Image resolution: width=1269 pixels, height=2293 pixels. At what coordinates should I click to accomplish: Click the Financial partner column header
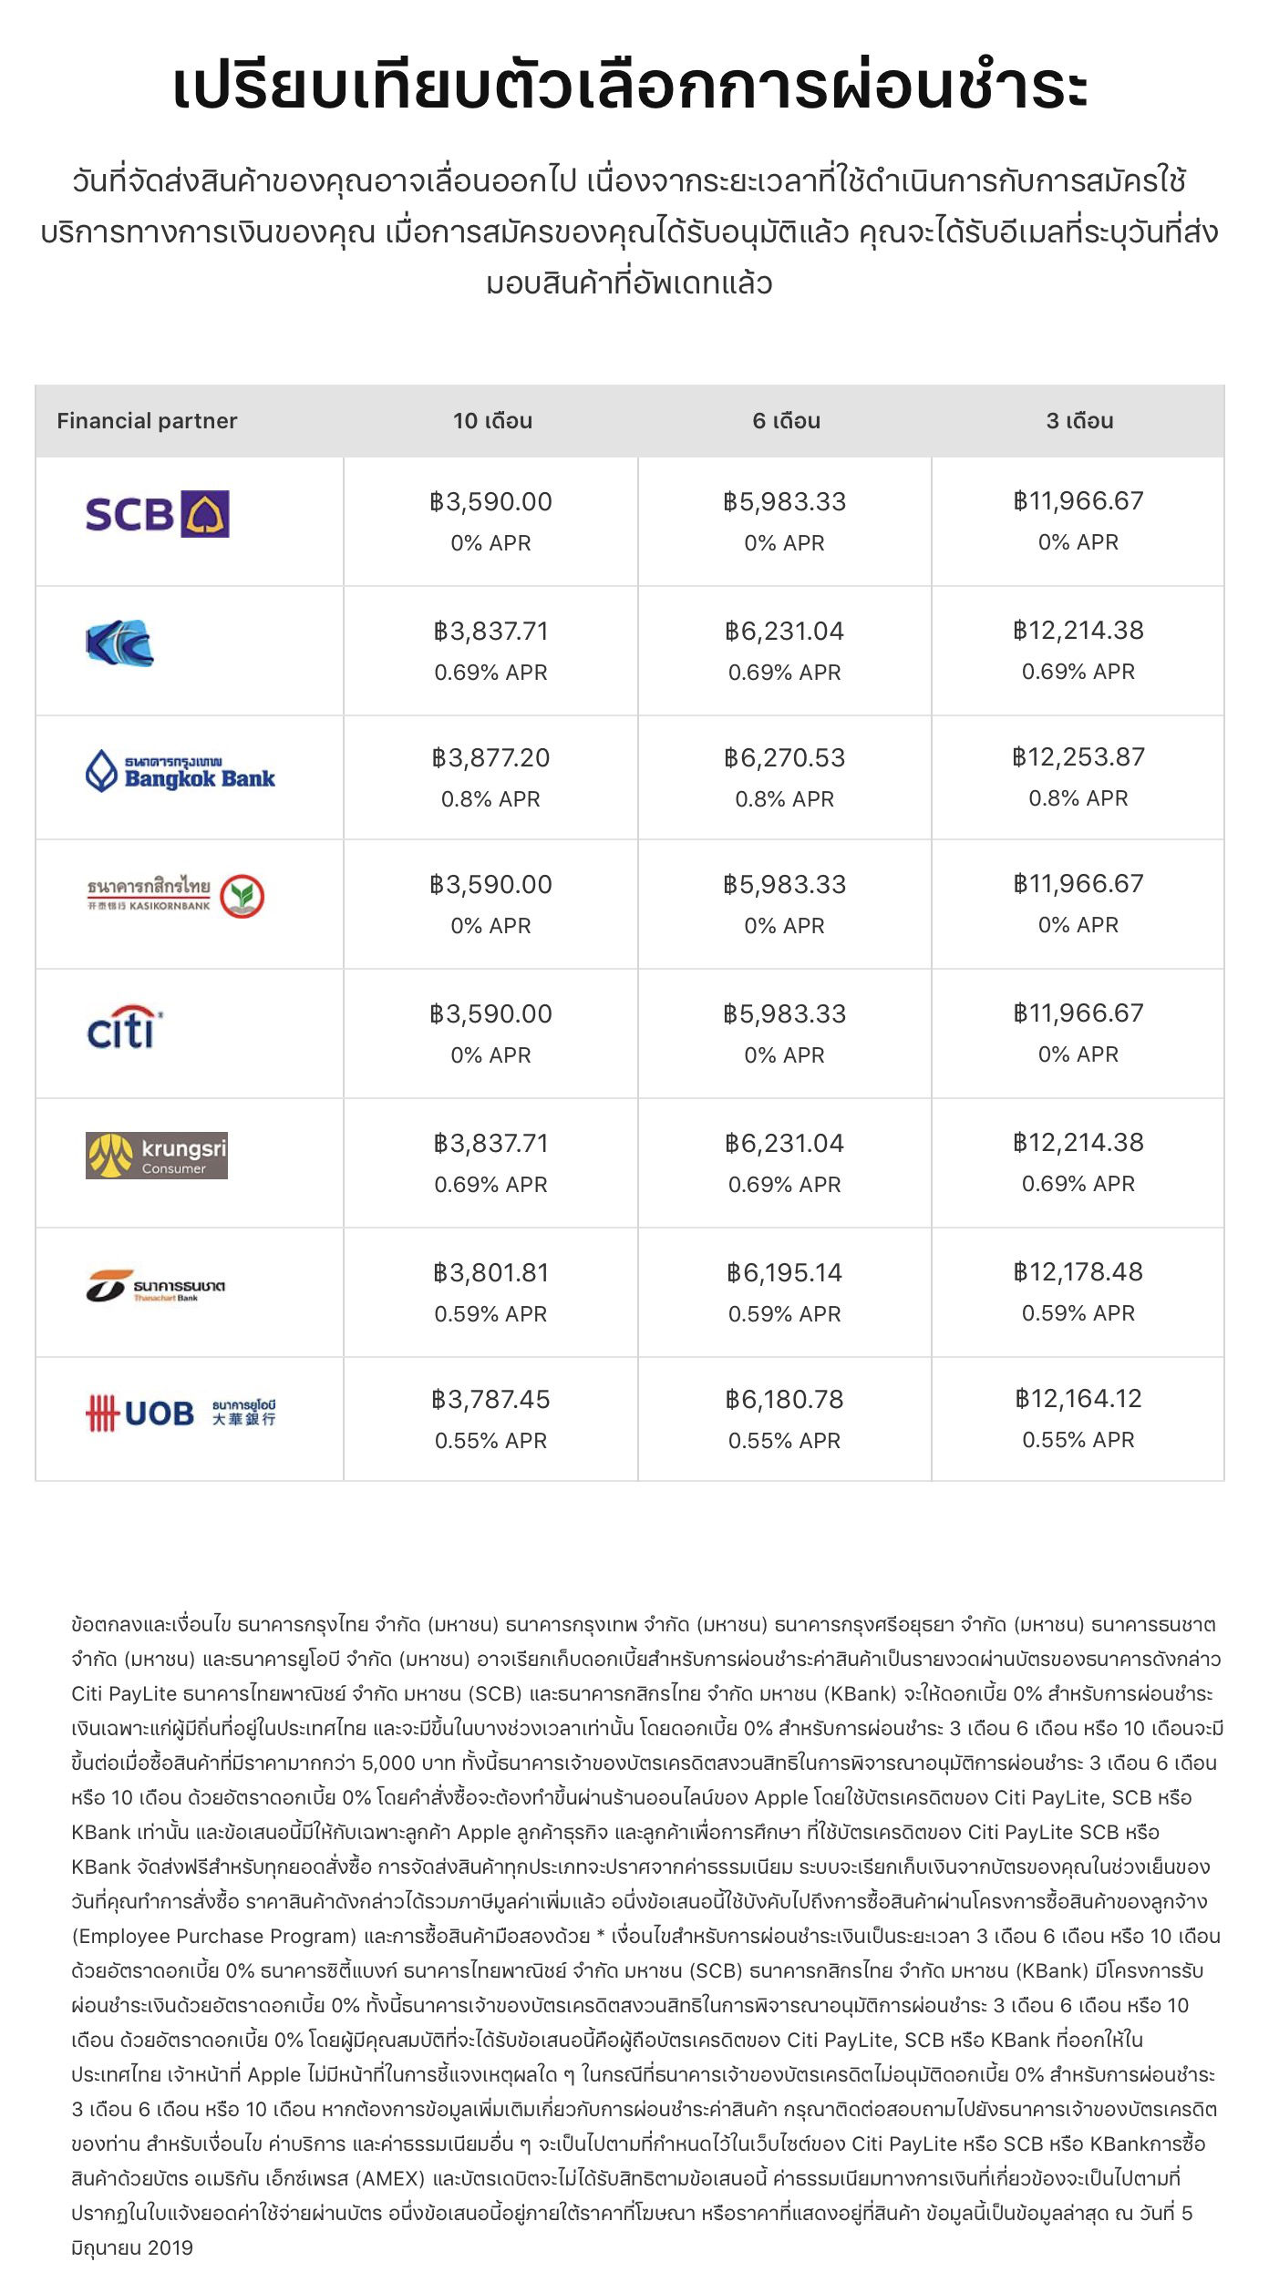tap(147, 421)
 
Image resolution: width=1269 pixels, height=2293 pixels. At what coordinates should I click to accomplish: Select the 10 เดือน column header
tap(492, 421)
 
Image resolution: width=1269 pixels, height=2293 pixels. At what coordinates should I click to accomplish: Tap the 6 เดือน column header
tap(786, 421)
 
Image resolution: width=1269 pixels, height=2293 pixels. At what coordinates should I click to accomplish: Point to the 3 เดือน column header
tap(1079, 421)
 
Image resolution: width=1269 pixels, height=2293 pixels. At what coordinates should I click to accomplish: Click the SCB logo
tap(157, 514)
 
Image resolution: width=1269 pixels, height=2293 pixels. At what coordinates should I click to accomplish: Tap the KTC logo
tap(119, 643)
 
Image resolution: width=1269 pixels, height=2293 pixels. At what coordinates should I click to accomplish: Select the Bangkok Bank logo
tap(181, 771)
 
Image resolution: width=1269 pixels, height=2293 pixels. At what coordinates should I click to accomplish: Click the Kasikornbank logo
tap(175, 896)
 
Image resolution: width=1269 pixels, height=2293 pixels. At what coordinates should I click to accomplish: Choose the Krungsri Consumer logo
tap(157, 1156)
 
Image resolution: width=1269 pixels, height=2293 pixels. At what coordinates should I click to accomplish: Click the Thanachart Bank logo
tap(156, 1286)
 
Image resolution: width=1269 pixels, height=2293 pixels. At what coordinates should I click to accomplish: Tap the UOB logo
tap(181, 1414)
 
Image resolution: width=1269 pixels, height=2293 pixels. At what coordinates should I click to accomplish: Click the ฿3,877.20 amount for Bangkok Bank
tap(490, 758)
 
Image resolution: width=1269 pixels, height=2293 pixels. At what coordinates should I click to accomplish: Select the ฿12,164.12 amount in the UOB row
tap(1078, 1399)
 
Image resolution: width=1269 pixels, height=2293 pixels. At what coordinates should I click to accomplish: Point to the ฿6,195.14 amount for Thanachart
tap(784, 1273)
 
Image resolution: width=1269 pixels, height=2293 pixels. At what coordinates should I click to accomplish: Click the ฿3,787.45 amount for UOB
tap(490, 1400)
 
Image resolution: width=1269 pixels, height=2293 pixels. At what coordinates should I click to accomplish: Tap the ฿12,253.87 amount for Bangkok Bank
tap(1078, 757)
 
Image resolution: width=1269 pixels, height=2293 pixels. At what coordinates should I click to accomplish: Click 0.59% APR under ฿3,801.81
tap(490, 1314)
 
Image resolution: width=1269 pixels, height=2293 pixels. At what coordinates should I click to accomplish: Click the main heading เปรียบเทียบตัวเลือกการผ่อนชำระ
tap(630, 87)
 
